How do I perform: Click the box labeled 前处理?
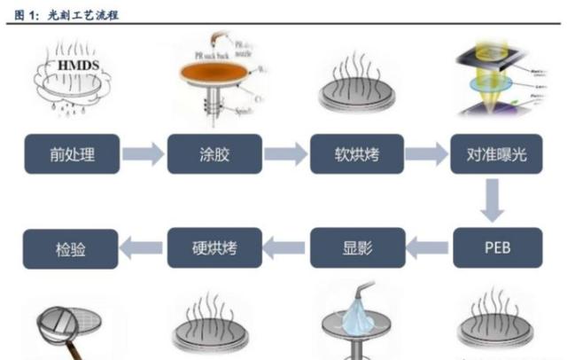click(70, 156)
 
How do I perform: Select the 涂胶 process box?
click(213, 156)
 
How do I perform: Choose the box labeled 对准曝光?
click(496, 156)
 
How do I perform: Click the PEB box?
click(496, 247)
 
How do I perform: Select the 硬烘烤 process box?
click(214, 247)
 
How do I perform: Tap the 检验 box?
click(70, 247)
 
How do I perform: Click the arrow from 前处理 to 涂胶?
click(142, 156)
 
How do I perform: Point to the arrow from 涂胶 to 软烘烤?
click(285, 156)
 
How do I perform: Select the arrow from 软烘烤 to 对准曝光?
click(427, 156)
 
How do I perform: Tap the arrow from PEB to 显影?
click(427, 247)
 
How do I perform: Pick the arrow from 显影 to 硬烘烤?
click(285, 247)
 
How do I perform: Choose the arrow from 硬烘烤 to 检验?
click(142, 247)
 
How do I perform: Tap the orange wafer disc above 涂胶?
click(213, 74)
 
